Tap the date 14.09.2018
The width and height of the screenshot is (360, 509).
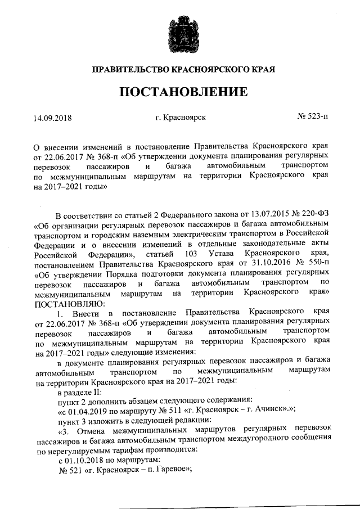(x=53, y=118)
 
